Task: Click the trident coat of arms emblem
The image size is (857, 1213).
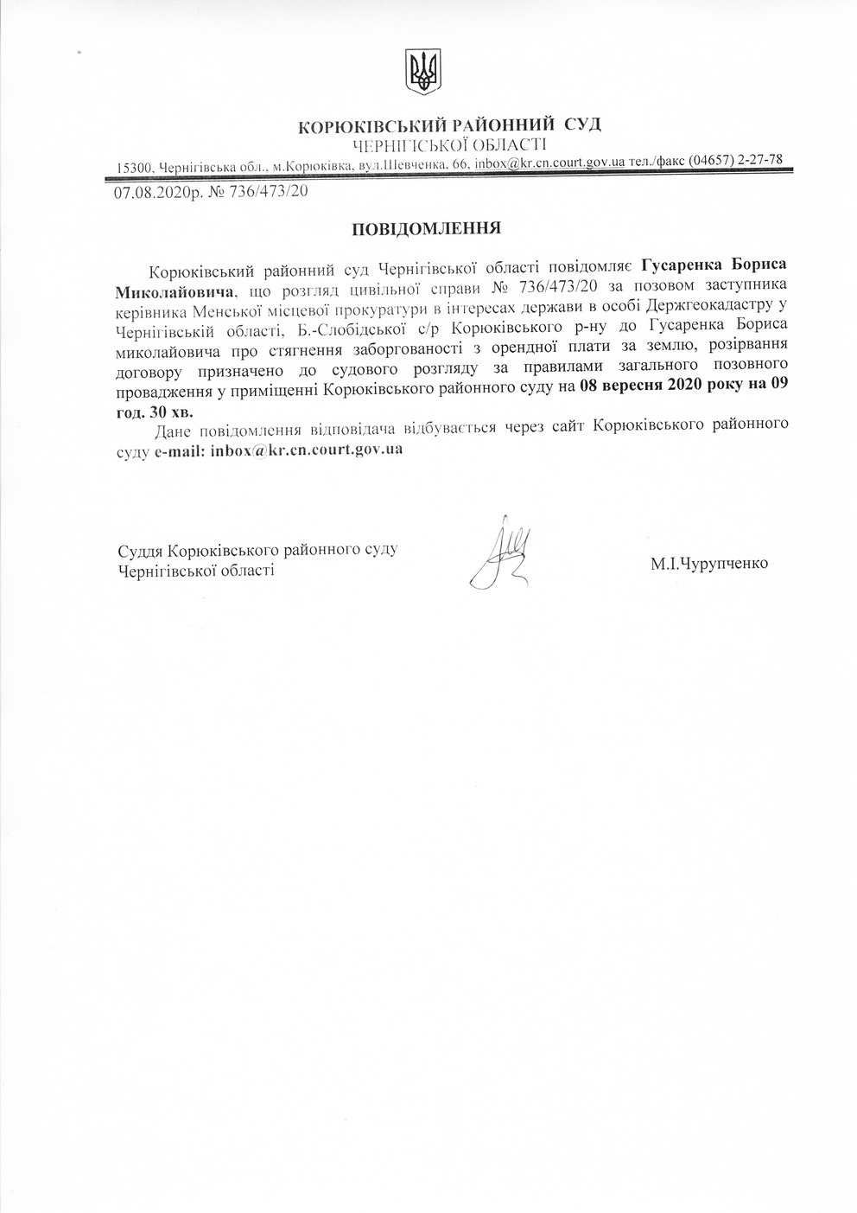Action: point(422,70)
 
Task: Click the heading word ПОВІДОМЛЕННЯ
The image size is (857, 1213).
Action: point(426,229)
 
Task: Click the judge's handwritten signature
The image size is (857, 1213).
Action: point(501,554)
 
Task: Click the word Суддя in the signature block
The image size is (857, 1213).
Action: point(141,550)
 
